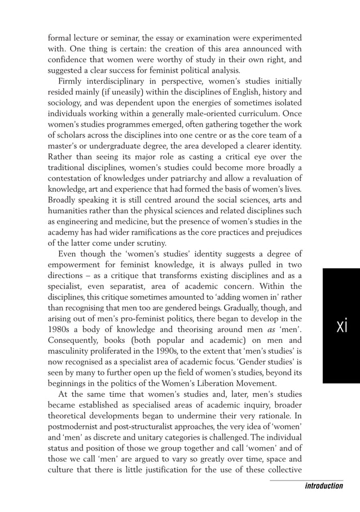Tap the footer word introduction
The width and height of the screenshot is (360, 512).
(x=321, y=486)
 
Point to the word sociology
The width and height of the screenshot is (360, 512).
(x=66, y=102)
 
